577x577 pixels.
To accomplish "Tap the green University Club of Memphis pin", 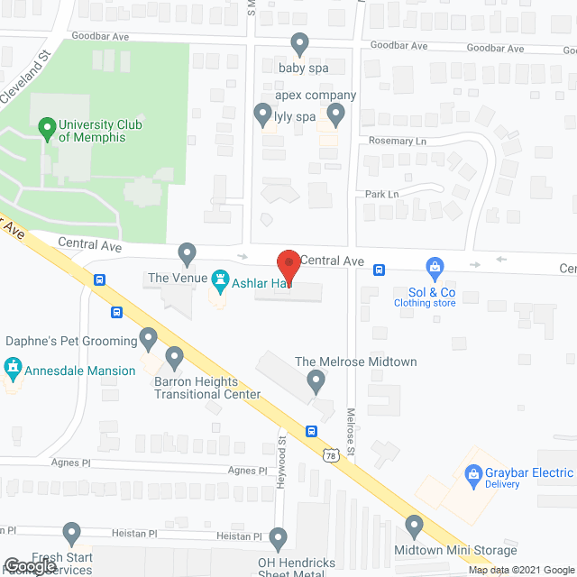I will click(x=47, y=129).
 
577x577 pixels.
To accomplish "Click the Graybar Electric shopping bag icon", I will click(x=471, y=473).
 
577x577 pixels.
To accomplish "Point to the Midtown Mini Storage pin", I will click(x=415, y=525).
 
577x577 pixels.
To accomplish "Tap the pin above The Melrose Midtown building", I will click(x=316, y=382).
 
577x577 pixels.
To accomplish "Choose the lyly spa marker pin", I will click(x=262, y=114).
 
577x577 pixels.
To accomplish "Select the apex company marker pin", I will click(x=336, y=114).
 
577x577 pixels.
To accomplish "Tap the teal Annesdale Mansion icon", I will click(x=13, y=368).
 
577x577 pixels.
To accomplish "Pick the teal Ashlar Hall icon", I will click(x=219, y=279).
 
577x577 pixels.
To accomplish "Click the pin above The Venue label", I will click(x=187, y=254).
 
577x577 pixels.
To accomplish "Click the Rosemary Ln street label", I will click(x=397, y=142).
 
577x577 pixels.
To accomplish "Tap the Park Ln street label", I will click(x=381, y=194).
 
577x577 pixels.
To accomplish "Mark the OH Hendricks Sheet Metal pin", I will click(x=278, y=539).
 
